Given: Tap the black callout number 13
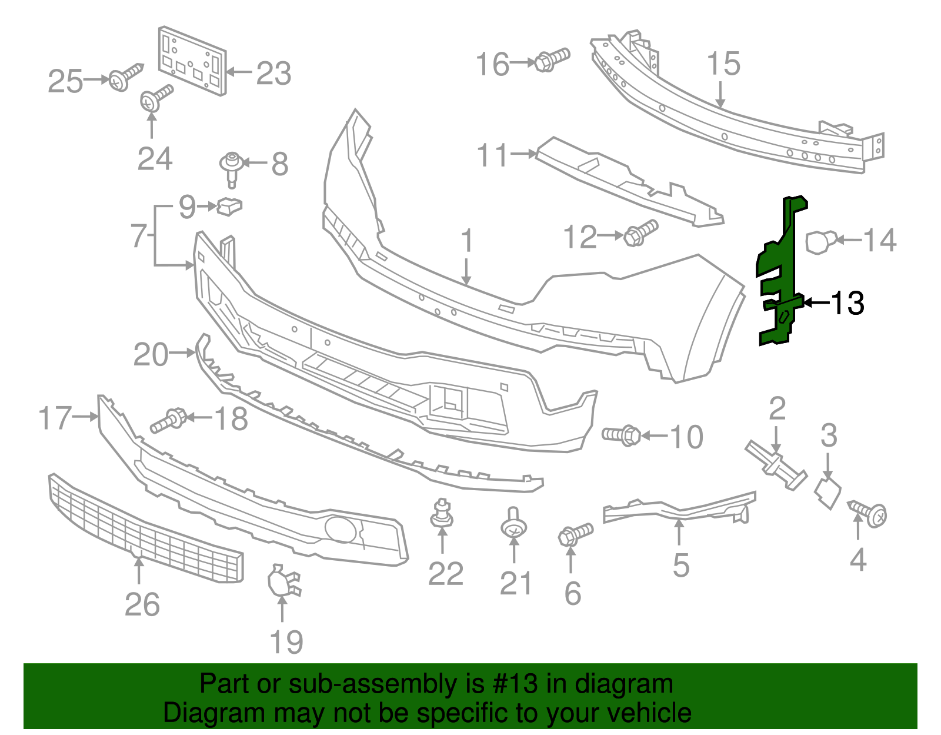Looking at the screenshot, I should [847, 303].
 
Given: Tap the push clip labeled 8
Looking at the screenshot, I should [232, 167].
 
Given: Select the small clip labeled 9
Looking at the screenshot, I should [229, 206].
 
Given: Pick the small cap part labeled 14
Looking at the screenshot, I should [819, 241].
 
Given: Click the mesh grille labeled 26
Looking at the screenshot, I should [144, 530].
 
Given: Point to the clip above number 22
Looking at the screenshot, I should [442, 514].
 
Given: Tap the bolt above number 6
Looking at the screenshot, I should [575, 534].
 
